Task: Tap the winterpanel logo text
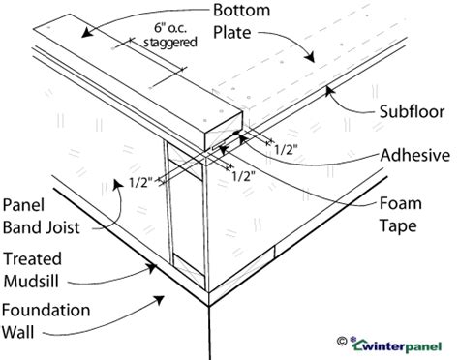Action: [x=406, y=343]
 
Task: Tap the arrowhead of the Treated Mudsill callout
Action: [x=149, y=262]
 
